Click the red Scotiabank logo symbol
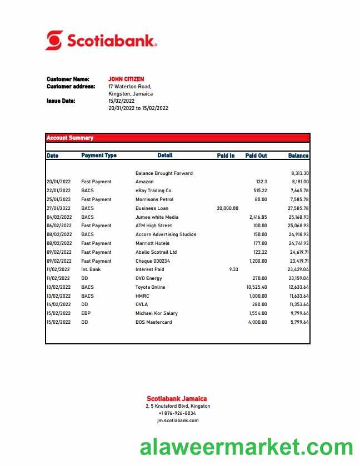pos(54,41)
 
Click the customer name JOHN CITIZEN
pos(126,79)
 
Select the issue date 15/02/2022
pos(122,101)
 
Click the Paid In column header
pos(226,156)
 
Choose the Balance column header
pos(298,156)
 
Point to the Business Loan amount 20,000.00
pos(227,208)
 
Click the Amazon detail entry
pos(144,182)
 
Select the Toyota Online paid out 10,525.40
pos(256,287)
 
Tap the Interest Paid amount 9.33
pos(233,269)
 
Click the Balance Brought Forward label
pos(164,173)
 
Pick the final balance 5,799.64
pos(299,322)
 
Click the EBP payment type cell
pos(86,313)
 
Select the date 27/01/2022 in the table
pos(58,208)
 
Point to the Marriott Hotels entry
pos(152,243)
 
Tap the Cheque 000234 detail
pos(152,261)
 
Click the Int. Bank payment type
pos(91,269)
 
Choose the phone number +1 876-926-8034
pos(177,413)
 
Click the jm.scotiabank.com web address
pos(177,420)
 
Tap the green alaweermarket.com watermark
pos(246,448)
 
